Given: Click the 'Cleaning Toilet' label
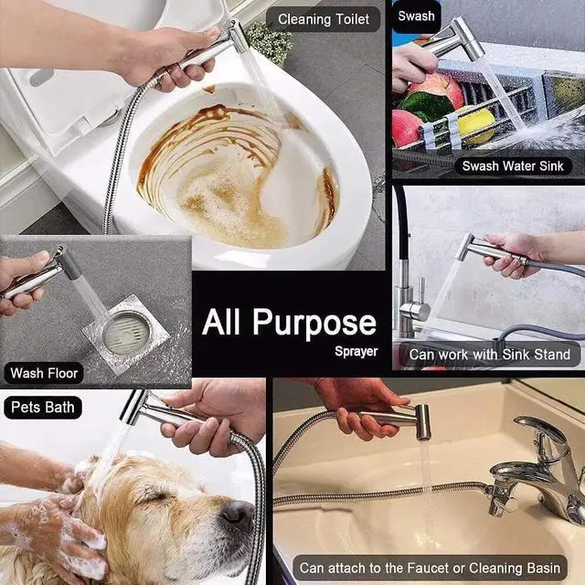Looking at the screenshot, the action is (324, 19).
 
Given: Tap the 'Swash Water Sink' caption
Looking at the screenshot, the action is (513, 166).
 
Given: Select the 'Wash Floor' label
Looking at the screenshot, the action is (44, 373).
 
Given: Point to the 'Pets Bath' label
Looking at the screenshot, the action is (43, 407).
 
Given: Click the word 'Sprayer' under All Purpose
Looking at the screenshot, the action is (356, 351).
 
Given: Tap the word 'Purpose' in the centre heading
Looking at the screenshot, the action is (314, 323).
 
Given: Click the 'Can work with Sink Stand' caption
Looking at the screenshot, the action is (490, 355).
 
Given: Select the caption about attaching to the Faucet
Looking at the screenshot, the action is (430, 568).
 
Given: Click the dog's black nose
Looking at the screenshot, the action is (238, 512).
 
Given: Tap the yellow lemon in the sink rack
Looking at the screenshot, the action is (476, 125).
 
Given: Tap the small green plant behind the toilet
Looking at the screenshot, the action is (270, 42).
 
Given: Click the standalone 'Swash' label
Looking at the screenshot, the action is (416, 16).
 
